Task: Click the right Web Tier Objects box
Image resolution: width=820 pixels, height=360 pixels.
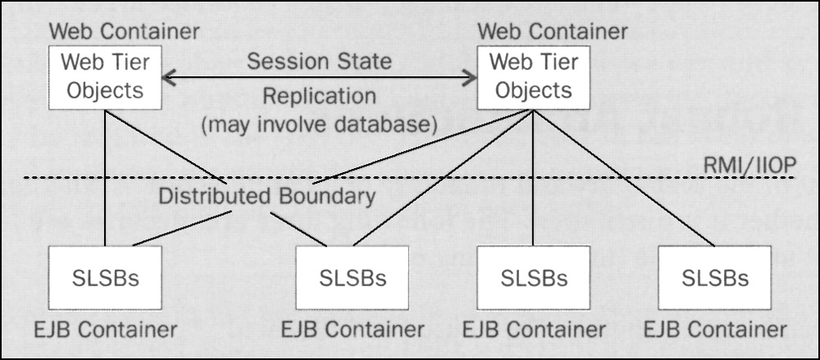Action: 533,77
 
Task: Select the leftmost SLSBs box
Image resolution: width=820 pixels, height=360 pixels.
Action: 106,278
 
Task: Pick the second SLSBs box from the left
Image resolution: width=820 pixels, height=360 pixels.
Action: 353,278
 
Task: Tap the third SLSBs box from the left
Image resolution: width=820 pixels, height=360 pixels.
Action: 533,278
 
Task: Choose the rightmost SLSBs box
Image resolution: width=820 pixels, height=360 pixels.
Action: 714,278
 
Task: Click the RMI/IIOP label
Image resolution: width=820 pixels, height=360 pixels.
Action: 749,166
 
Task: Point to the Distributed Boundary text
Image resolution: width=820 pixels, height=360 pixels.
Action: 266,197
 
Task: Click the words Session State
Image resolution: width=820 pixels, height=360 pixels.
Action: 319,62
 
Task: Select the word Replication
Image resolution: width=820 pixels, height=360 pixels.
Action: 319,96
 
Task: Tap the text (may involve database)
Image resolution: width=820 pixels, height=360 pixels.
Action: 319,125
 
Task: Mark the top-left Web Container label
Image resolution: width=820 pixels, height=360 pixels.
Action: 124,32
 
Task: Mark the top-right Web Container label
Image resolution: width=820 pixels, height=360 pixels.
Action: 552,32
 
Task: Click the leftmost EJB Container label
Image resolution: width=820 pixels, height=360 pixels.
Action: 105,330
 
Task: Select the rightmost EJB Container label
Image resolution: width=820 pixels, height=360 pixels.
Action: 715,330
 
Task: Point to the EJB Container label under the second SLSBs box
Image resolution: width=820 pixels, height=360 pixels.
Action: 353,330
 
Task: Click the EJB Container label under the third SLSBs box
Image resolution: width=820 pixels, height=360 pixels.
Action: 534,330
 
